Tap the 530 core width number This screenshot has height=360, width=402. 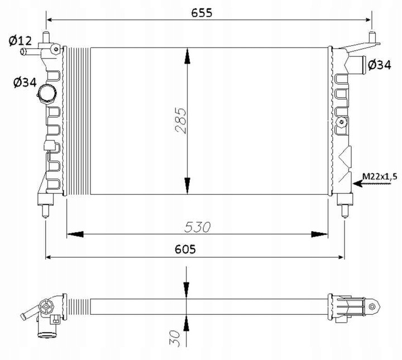[198, 227]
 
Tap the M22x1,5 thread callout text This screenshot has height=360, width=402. [379, 176]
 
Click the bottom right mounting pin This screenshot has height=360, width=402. [345, 212]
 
